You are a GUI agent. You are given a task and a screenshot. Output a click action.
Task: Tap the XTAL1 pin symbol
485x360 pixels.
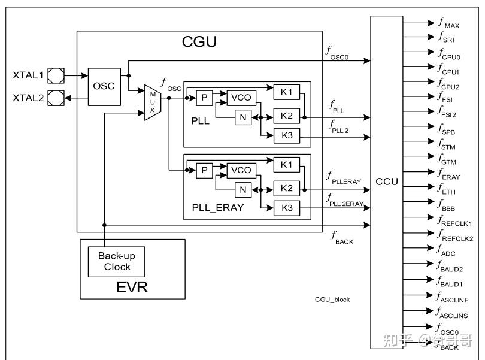[55, 76]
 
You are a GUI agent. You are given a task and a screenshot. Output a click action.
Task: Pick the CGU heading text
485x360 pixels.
[199, 42]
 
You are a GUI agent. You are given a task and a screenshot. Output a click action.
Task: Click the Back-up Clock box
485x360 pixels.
[117, 261]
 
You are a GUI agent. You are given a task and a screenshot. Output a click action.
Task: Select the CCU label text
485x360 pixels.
[386, 181]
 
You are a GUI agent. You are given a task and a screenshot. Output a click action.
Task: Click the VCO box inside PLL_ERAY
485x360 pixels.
[241, 171]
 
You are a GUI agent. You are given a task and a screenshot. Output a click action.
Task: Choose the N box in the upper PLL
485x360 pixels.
[243, 117]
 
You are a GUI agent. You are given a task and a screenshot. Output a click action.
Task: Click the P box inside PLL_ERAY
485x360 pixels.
[205, 171]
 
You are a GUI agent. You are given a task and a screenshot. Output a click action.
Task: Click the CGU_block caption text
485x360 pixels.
[332, 299]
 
